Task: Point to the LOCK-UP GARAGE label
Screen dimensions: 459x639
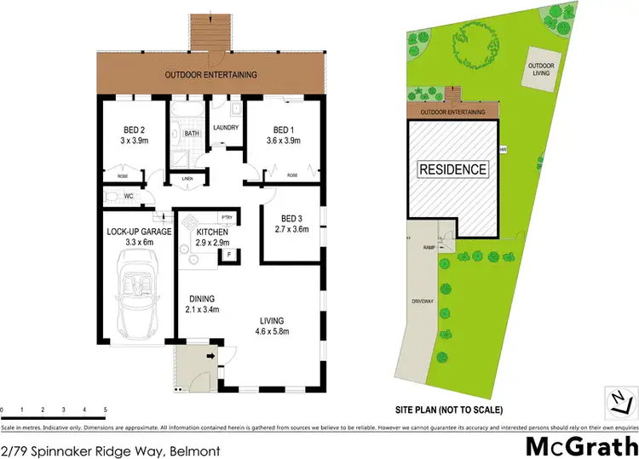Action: (139, 232)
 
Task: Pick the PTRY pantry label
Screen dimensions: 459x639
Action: (225, 217)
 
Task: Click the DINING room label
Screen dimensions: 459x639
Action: (203, 298)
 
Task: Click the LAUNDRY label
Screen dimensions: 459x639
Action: (225, 128)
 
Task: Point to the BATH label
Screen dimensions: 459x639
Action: (193, 133)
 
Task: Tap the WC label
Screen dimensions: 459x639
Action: (129, 196)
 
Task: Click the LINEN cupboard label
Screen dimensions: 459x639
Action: (187, 178)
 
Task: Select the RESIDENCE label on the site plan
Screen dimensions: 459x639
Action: (452, 169)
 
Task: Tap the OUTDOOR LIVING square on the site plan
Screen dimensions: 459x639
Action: (541, 69)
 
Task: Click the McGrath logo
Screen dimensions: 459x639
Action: (579, 445)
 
